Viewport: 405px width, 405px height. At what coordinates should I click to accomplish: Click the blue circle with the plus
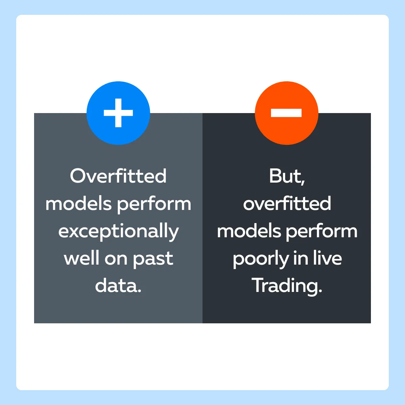click(118, 113)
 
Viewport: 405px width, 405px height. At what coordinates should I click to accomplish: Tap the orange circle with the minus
click(287, 113)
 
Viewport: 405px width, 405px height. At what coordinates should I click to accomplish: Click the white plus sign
click(118, 113)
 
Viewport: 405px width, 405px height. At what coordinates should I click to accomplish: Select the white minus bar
click(286, 113)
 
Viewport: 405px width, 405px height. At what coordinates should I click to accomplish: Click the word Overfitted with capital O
click(118, 176)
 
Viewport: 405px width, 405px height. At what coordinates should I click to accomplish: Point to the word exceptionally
click(118, 231)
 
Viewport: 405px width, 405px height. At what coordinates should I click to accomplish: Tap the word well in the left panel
click(82, 258)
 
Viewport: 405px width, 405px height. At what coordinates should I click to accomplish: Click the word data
click(118, 286)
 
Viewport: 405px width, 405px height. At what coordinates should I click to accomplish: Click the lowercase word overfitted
click(287, 203)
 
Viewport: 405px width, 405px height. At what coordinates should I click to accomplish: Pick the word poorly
click(261, 259)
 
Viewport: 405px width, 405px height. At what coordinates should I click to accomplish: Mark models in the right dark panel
click(249, 231)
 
